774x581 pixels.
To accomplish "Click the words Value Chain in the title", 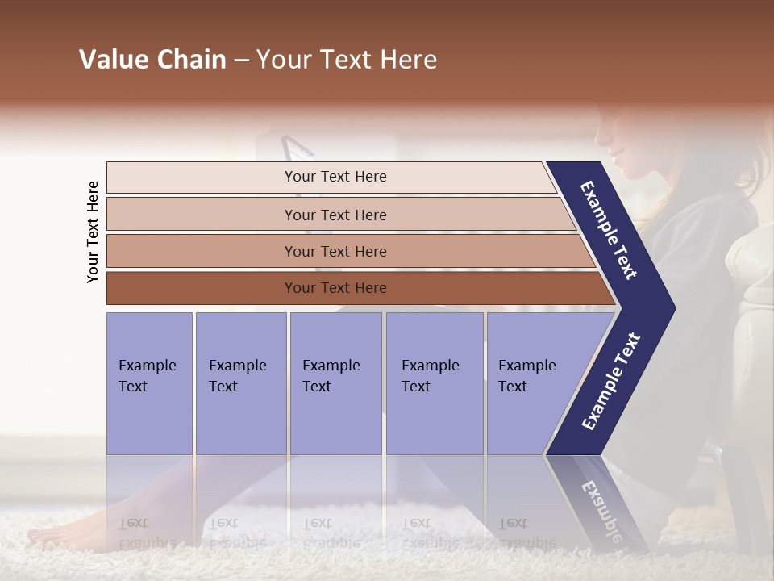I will coord(152,60).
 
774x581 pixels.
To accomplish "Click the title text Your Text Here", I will coord(346,60).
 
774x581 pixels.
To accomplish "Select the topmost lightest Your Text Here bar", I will coord(335,177).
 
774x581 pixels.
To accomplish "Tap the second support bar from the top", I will coord(335,215).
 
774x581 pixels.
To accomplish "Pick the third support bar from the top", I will coord(335,251).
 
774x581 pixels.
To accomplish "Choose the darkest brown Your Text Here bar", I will coord(335,288).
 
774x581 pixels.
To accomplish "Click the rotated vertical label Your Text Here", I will coord(93,232).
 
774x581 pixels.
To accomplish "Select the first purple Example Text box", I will coord(149,382).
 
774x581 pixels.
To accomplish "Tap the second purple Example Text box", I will coord(240,382).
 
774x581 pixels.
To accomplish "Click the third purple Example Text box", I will coord(335,382).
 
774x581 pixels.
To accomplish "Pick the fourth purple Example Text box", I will coord(435,382).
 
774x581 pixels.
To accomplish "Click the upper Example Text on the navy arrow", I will coord(609,230).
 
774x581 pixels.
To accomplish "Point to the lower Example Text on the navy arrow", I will coord(611,381).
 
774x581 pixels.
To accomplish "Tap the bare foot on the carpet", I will coord(56,533).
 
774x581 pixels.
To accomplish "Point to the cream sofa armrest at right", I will coord(748,266).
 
